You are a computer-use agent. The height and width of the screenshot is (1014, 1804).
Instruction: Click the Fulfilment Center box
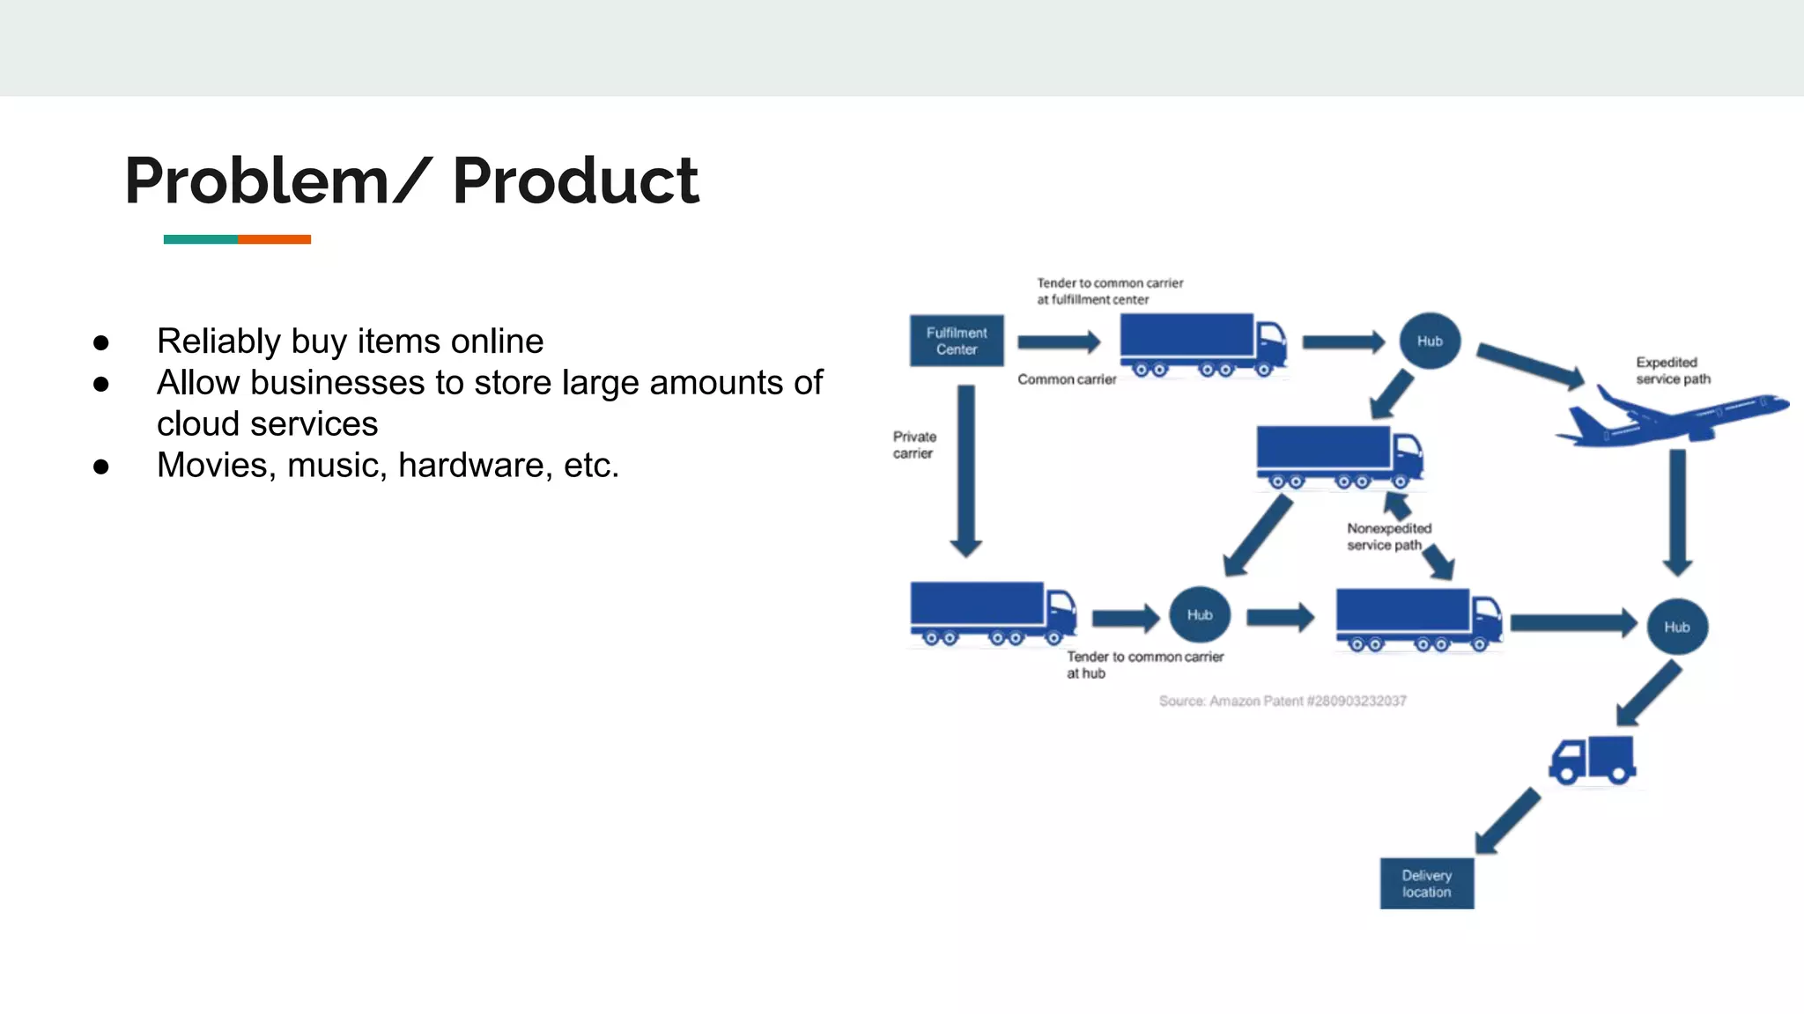pos(956,341)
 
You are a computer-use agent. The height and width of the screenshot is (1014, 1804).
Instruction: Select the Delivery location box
pos(1426,883)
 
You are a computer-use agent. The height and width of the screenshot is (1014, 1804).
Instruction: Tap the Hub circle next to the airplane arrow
pos(1429,341)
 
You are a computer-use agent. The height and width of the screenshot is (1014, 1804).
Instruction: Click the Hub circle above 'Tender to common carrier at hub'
pos(1199,614)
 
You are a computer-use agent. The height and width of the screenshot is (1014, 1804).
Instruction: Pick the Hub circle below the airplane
pos(1676,627)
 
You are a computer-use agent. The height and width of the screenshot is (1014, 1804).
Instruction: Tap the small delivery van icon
pos(1593,760)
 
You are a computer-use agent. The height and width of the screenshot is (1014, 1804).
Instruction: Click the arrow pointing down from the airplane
pos(1677,511)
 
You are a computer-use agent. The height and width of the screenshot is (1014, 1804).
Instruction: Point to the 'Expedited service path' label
pos(1672,371)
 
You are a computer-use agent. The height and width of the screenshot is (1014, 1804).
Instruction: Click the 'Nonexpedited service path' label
pos(1388,536)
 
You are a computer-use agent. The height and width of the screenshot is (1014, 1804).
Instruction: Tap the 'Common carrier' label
pos(1066,379)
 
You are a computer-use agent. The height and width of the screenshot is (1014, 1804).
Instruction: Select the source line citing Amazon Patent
pos(1282,701)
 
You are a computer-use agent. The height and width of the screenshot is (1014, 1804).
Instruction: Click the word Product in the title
pos(575,180)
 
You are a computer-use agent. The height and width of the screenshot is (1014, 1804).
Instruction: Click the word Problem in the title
pos(256,180)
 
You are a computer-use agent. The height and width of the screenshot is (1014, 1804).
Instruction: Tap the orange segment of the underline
pos(274,239)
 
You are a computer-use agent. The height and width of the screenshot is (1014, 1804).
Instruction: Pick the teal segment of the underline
pos(200,239)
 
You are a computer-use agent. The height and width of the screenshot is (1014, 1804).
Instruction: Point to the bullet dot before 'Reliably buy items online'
pos(101,342)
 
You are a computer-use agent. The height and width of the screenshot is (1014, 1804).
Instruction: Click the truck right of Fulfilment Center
pos(1201,344)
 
